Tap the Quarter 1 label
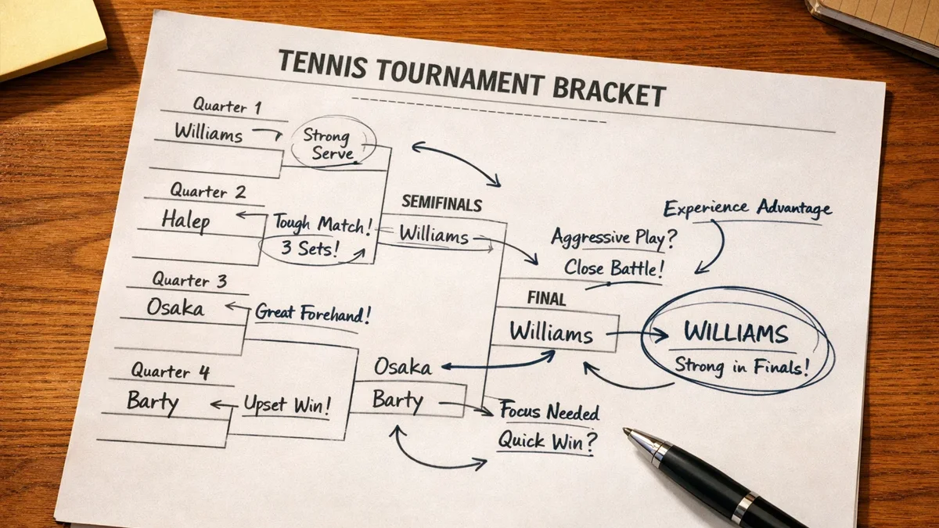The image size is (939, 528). point(227,106)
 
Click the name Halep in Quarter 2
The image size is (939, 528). point(185,221)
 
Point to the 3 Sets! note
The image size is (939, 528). point(309,248)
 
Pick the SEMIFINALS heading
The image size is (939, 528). point(442,203)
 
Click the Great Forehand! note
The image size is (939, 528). point(313,313)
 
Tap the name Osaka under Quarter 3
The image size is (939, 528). point(175,307)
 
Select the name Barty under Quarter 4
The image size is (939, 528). point(153,402)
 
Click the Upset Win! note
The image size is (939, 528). point(288,405)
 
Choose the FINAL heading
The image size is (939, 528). point(546,298)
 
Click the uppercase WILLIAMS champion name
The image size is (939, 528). point(736,332)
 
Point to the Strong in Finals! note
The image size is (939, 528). point(742,366)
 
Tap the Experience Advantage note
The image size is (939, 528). point(747,208)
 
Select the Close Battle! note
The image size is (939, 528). point(614,268)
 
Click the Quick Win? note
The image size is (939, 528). point(548,441)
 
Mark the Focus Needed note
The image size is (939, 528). point(549,411)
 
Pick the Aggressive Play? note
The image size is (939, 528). point(614,238)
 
